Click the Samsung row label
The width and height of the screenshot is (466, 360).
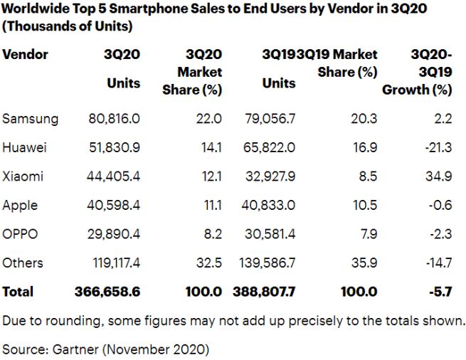coord(30,119)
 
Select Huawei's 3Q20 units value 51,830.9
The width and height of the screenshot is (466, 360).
coord(114,148)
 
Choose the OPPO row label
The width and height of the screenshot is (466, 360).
coord(21,234)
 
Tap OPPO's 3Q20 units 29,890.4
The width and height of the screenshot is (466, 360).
coord(114,234)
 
